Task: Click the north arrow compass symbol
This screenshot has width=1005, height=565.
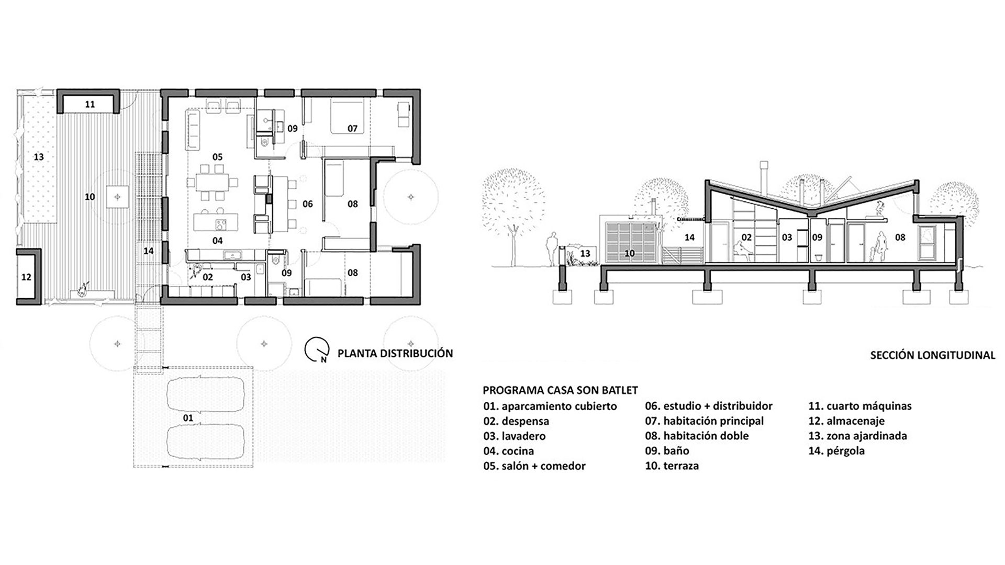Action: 317,350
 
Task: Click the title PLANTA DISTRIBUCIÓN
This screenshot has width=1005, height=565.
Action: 395,354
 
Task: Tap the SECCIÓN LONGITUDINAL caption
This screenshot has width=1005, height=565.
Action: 932,355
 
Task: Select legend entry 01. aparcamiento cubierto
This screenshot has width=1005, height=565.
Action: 550,406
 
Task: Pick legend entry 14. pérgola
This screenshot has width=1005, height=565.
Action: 836,451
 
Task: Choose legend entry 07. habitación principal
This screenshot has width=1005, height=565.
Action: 704,421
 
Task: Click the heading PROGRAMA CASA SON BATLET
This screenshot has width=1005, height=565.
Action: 560,390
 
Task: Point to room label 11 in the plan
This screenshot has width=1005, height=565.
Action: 90,105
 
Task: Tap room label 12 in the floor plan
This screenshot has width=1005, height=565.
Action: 26,277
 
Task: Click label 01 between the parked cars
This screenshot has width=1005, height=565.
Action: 188,418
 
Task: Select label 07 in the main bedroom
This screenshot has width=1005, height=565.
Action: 352,129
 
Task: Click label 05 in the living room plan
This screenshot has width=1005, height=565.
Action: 217,157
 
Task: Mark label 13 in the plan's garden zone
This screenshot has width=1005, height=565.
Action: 38,157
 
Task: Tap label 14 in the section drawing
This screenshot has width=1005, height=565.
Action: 689,238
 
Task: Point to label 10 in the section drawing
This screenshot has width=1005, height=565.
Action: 629,254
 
